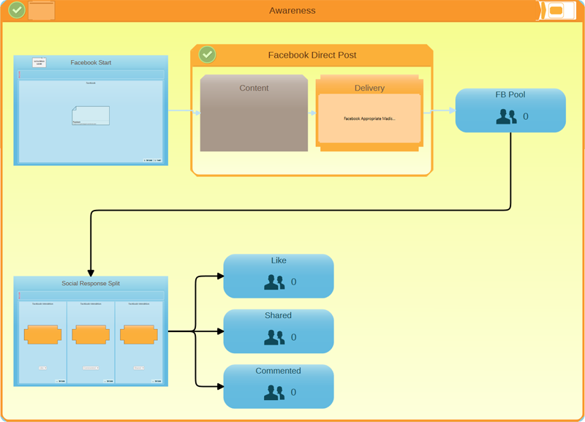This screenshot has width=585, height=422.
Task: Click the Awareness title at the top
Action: pos(292,11)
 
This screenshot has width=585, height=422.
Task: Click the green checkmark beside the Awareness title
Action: pos(17,10)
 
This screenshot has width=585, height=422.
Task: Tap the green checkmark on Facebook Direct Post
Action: pos(208,55)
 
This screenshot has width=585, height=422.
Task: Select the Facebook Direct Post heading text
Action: pos(312,55)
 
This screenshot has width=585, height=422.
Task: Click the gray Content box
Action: pos(254,113)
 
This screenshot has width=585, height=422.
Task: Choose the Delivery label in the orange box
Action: pos(369,88)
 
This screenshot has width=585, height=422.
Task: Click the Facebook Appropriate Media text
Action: pos(369,118)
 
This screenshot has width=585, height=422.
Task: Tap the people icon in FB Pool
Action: pos(506,116)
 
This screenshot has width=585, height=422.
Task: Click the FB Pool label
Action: pos(510,94)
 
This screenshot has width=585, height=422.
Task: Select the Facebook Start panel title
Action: pos(91,63)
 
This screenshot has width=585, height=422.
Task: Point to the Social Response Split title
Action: pos(91,283)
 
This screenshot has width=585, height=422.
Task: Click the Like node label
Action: pos(279,260)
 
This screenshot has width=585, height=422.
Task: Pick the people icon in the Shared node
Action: pos(274,337)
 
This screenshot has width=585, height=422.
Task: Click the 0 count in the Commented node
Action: pos(294,393)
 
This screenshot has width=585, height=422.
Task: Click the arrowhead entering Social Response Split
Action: pos(91,271)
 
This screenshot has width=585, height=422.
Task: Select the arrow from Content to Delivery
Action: pos(312,113)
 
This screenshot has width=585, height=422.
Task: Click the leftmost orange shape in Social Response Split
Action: pos(42,335)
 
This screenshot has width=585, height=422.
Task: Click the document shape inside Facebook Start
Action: pos(91,116)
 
